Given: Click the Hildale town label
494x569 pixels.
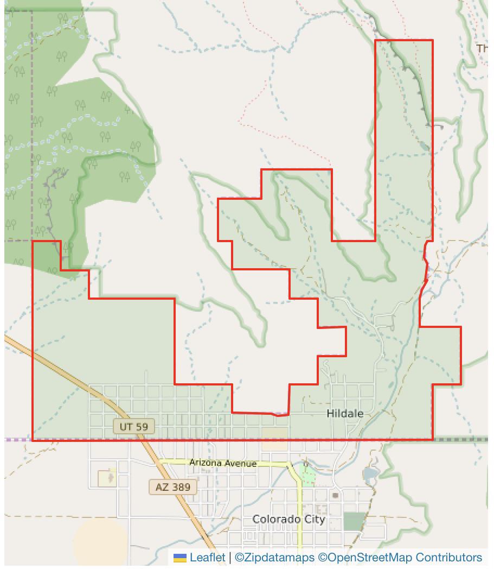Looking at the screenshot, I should [x=345, y=414].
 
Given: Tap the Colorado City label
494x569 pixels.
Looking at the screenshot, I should [x=289, y=520].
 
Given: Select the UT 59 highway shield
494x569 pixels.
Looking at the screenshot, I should [x=133, y=427].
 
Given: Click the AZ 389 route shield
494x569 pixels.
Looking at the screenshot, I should [x=173, y=487].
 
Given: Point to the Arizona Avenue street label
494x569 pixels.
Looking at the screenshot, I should [x=223, y=463].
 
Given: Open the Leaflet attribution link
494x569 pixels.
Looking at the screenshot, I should [x=207, y=558].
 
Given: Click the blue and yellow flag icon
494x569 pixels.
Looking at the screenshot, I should [x=180, y=558].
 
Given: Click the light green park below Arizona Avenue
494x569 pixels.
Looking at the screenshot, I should [x=307, y=476].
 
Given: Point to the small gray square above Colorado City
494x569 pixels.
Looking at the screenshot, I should [x=336, y=495].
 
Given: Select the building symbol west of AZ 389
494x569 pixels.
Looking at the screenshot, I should [x=107, y=478].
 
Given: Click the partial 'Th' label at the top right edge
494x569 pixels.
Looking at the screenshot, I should [x=483, y=48].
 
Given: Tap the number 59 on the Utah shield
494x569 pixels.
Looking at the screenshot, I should [x=140, y=427].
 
